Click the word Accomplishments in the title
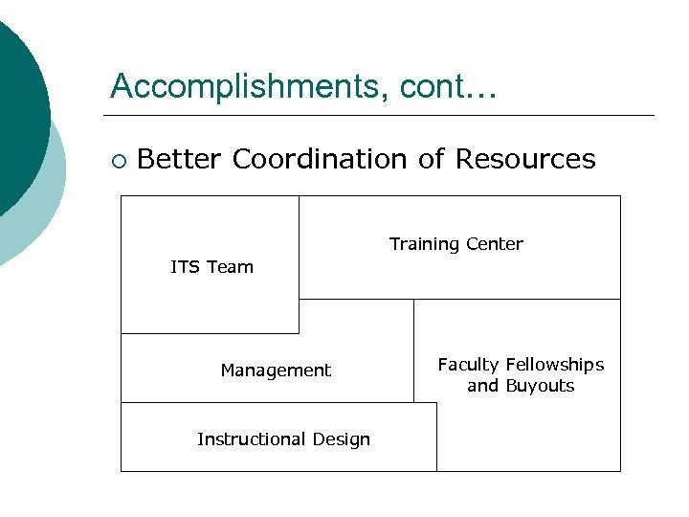[239, 86]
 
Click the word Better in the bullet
[180, 159]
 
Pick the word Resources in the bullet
[525, 159]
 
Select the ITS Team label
[211, 267]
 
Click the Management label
[276, 371]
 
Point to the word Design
[339, 439]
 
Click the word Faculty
[469, 365]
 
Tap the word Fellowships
[555, 365]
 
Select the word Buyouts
[540, 386]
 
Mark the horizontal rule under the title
[383, 116]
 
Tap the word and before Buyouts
[482, 386]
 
